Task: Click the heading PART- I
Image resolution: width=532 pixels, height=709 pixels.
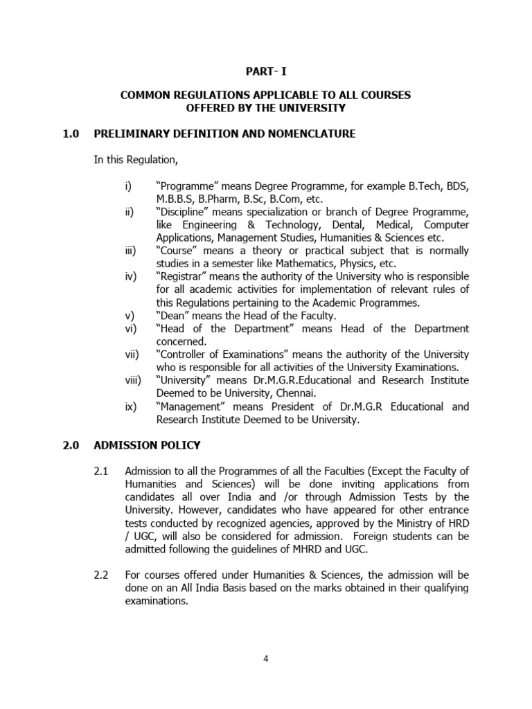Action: click(x=265, y=71)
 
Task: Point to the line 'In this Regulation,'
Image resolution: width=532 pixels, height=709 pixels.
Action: click(x=136, y=160)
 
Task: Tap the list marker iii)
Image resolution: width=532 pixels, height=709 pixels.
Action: click(x=131, y=251)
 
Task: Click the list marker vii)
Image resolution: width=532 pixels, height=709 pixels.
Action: click(x=132, y=354)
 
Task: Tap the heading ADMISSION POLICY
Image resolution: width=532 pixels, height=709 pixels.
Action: click(x=147, y=445)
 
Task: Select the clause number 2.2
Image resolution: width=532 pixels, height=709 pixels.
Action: click(x=102, y=575)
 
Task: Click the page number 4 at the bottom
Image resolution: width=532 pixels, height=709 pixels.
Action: click(x=265, y=658)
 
